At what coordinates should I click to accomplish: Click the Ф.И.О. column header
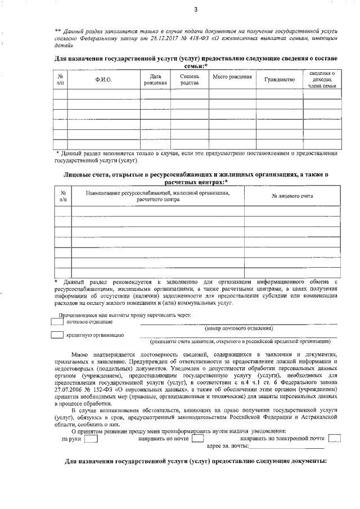tap(103, 79)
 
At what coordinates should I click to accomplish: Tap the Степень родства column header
tap(189, 79)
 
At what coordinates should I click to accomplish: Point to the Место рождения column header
tap(232, 76)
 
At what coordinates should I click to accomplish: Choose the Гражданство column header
tap(280, 79)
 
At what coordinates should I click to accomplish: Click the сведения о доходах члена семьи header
tap(322, 79)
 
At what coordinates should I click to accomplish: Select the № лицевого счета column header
tap(292, 196)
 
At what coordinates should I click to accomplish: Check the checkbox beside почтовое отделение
tap(56, 322)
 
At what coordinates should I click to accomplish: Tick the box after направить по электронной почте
tap(334, 438)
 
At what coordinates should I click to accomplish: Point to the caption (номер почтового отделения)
tap(239, 328)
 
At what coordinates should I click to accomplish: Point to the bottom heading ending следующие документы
tap(196, 462)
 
